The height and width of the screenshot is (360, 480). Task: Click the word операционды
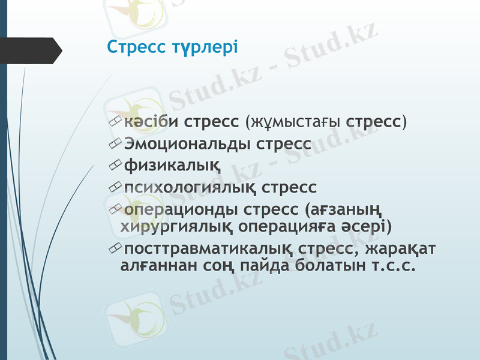[181, 210]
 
